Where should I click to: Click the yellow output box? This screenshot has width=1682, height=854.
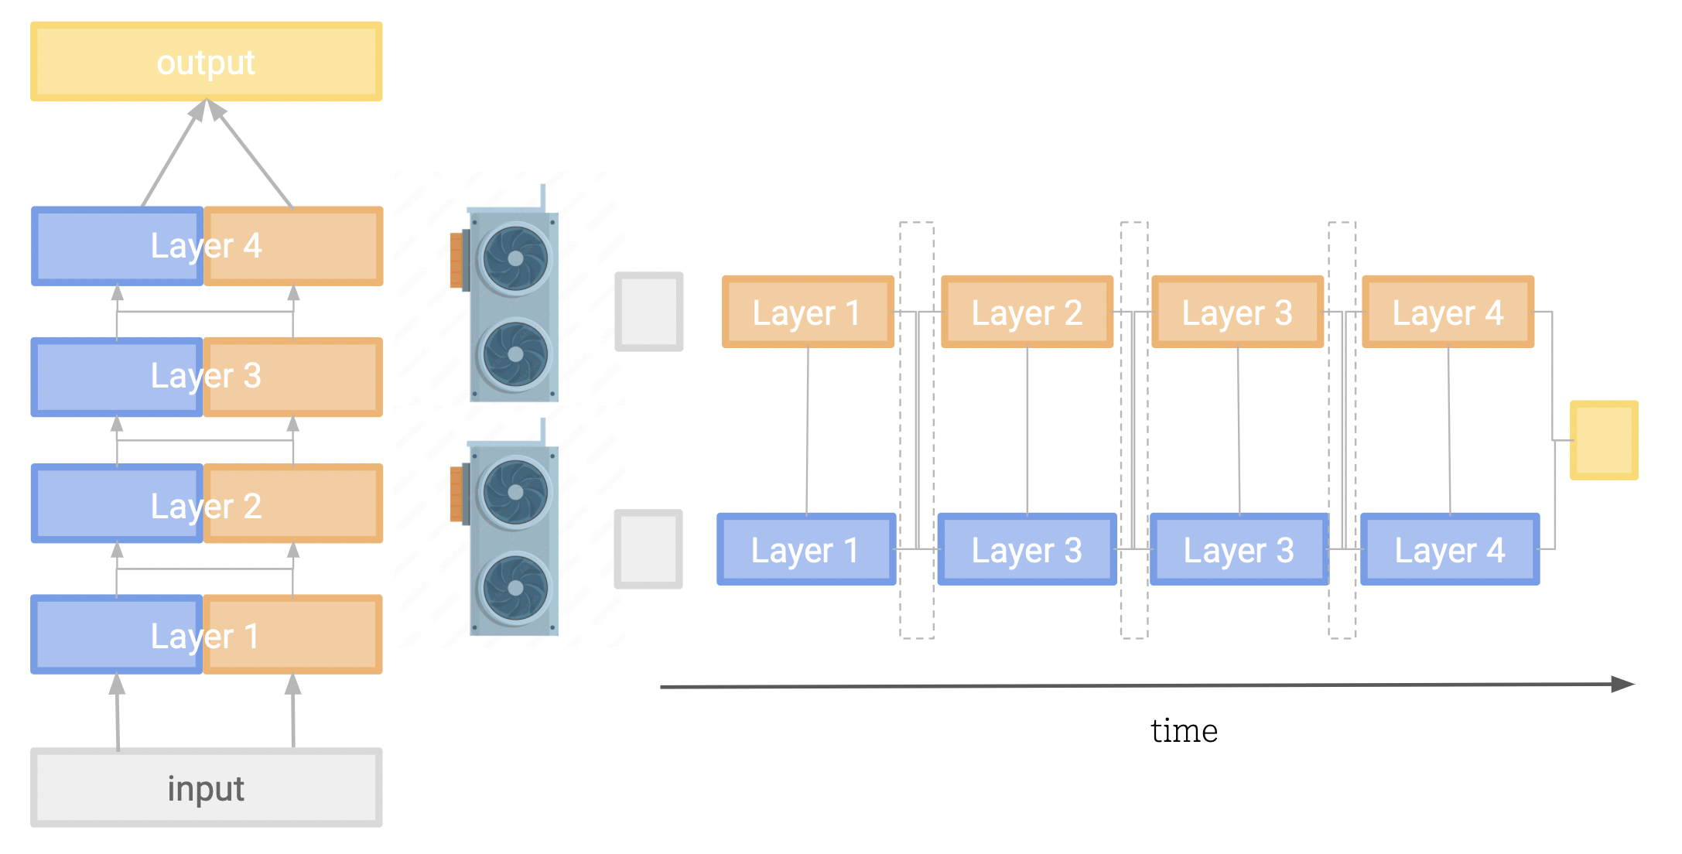pos(206,62)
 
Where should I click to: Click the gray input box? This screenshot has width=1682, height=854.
pos(206,787)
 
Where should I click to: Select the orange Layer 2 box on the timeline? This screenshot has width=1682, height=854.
pos(1027,313)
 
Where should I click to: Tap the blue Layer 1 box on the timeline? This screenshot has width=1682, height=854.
pos(805,550)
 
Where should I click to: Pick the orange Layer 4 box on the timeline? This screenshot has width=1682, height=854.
pos(1448,313)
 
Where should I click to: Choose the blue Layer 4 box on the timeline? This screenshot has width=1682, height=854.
pos(1449,550)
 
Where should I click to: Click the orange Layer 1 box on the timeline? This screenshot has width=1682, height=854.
pos(807,313)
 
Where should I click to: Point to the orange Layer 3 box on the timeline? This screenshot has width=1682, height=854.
pos(1237,313)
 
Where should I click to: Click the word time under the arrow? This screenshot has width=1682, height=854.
pos(1184,730)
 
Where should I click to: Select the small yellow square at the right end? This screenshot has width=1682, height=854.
pos(1603,439)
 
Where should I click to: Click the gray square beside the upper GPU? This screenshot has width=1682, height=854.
pos(648,312)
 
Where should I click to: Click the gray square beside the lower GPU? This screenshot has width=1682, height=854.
pos(648,548)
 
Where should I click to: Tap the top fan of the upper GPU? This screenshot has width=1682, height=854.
pos(515,258)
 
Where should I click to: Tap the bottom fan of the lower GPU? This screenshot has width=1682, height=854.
pos(515,588)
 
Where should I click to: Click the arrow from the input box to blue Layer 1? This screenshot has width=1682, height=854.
pos(118,712)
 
